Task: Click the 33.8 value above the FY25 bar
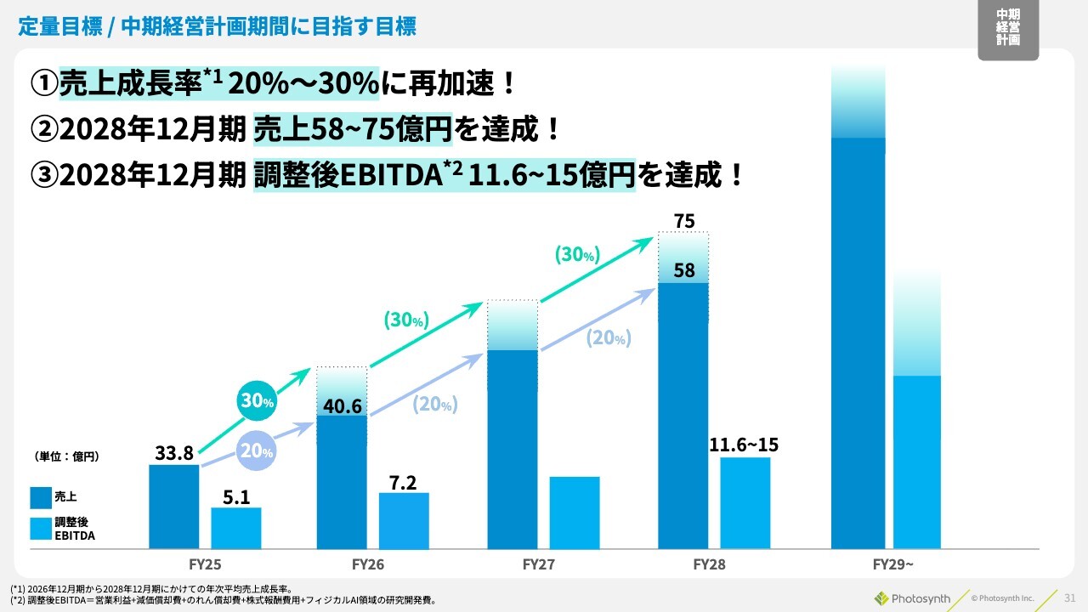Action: coord(174,453)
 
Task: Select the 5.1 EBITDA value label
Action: coord(236,497)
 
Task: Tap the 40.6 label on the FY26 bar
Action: coord(343,406)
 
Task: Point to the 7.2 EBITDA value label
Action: coord(403,483)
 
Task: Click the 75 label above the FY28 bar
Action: coord(684,222)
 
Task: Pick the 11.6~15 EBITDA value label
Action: coord(745,445)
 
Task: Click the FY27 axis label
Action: coord(539,564)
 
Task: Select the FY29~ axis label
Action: coord(892,564)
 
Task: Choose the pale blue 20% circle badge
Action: coord(257,452)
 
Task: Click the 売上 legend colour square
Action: coord(41,496)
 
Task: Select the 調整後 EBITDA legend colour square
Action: coord(41,529)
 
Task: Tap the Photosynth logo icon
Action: coord(881,598)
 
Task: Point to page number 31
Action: coord(1070,598)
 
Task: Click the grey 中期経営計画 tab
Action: coord(1008,31)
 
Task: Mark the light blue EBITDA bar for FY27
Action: coord(575,512)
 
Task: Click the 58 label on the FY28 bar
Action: coord(684,271)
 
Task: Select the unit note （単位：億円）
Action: coord(67,456)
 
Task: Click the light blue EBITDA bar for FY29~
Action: coord(917,462)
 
